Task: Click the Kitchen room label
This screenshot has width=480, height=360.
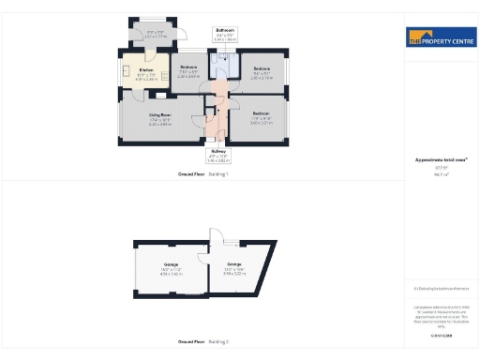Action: click(145, 70)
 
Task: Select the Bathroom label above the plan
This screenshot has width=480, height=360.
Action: click(225, 30)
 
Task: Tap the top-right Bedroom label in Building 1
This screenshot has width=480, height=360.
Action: click(262, 68)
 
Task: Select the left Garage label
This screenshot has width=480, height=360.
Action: click(171, 266)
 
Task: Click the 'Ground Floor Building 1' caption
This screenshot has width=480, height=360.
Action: click(203, 175)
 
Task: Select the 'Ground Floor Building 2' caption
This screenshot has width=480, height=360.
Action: click(203, 341)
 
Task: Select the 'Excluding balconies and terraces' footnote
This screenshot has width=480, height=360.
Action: click(440, 288)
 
